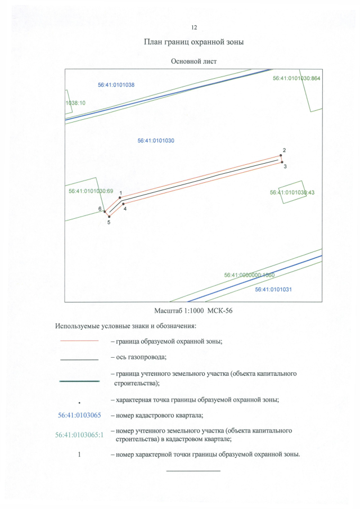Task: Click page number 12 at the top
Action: [194, 27]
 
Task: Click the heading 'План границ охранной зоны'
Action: [193, 42]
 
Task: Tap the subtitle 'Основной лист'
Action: [193, 61]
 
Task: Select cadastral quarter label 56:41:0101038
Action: [116, 84]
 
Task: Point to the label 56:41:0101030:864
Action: [296, 79]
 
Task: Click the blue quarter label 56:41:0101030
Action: [156, 141]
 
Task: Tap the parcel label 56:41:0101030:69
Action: [91, 191]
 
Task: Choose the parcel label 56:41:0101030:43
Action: [292, 192]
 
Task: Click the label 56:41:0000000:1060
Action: [249, 276]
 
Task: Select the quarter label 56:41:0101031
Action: [273, 289]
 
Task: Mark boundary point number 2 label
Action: [285, 150]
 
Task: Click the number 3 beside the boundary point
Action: [285, 166]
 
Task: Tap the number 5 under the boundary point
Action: [109, 223]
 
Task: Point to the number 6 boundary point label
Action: [100, 209]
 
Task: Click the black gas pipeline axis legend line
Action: [79, 358]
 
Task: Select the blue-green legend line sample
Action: [79, 381]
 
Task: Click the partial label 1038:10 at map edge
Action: [75, 103]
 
